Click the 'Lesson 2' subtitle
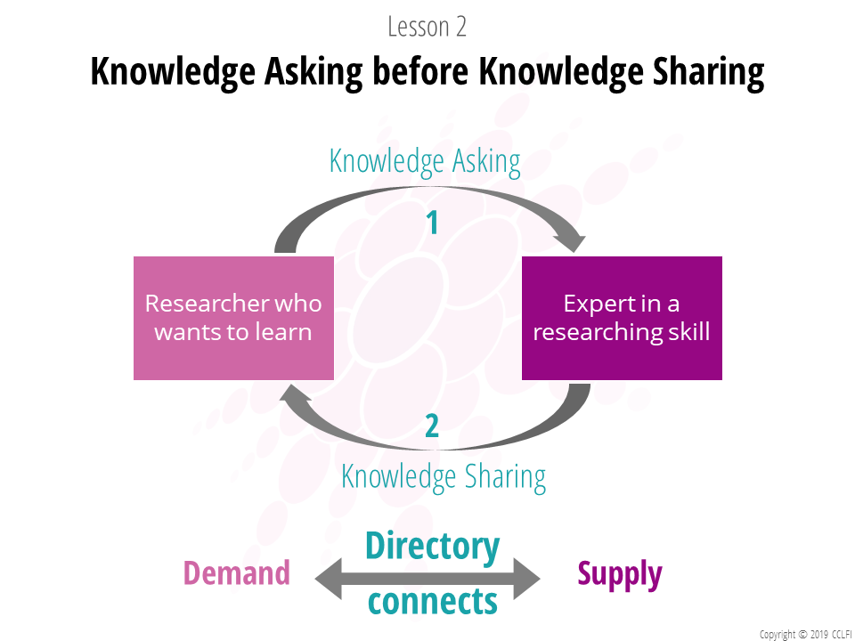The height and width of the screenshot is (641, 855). point(427,27)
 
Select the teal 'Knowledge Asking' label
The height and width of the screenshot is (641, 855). point(425,161)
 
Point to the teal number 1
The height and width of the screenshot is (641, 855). point(433,223)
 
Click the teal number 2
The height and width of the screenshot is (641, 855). point(432,426)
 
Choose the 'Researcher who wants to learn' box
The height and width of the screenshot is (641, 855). point(233,318)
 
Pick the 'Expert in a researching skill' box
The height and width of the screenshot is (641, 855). point(622,318)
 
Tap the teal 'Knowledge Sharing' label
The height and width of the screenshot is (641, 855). point(444,477)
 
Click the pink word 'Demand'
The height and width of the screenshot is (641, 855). point(237,572)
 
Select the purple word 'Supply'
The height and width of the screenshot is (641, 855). point(620,574)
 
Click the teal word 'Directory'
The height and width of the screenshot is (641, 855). point(433,547)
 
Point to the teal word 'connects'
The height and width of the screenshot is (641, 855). point(433,601)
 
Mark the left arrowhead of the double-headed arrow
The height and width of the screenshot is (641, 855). point(329,579)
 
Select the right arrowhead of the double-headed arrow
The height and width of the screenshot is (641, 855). point(526,579)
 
